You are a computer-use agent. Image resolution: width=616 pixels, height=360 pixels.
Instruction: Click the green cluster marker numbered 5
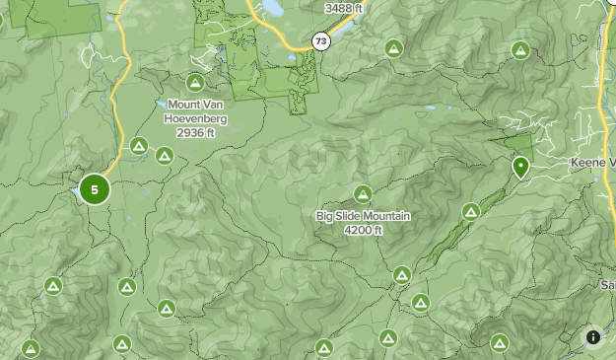click(x=95, y=188)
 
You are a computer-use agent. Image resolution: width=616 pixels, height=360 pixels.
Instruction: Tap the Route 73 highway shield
click(x=319, y=41)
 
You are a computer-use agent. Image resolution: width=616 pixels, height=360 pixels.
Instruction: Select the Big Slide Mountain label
click(x=363, y=216)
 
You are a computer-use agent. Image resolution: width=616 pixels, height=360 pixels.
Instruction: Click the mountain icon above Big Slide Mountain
click(x=363, y=194)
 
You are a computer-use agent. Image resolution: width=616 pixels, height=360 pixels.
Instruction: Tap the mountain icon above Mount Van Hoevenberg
click(x=195, y=84)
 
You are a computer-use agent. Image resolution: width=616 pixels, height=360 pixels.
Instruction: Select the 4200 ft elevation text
click(x=363, y=230)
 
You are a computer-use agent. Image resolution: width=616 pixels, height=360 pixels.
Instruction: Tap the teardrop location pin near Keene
click(x=519, y=167)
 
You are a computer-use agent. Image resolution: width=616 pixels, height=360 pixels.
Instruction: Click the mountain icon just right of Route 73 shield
click(x=393, y=47)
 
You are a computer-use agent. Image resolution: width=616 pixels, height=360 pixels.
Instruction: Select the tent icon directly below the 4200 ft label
click(x=401, y=275)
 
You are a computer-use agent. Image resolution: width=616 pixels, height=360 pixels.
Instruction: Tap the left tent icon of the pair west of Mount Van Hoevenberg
click(x=140, y=148)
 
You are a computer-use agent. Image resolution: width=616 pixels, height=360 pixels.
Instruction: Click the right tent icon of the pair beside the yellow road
click(x=164, y=155)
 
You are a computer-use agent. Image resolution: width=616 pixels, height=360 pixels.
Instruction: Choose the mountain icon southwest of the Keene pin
click(x=471, y=211)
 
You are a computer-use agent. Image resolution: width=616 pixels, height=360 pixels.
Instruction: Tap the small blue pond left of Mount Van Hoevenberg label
click(x=158, y=102)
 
